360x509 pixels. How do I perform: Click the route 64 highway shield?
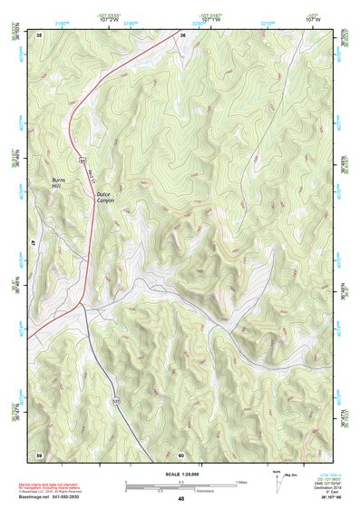click(x=81, y=160)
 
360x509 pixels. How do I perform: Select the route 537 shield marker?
click(x=115, y=399)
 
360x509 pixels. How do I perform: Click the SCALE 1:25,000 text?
click(x=180, y=475)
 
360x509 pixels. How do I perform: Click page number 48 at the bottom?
click(x=180, y=500)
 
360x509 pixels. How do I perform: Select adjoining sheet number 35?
click(x=39, y=34)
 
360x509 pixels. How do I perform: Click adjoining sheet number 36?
click(x=182, y=34)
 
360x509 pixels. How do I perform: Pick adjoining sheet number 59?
click(x=39, y=454)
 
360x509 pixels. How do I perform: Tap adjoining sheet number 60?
click(x=181, y=454)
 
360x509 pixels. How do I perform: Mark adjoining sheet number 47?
click(x=34, y=244)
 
